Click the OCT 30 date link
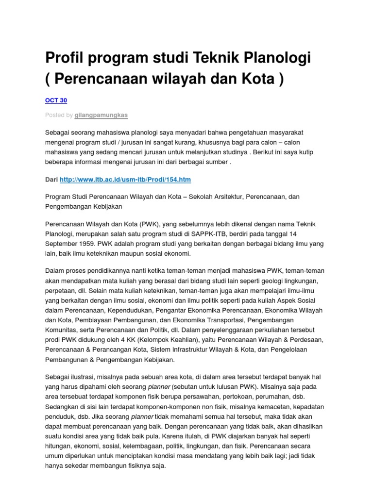56,100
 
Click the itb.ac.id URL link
125,180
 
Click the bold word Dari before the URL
51,180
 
